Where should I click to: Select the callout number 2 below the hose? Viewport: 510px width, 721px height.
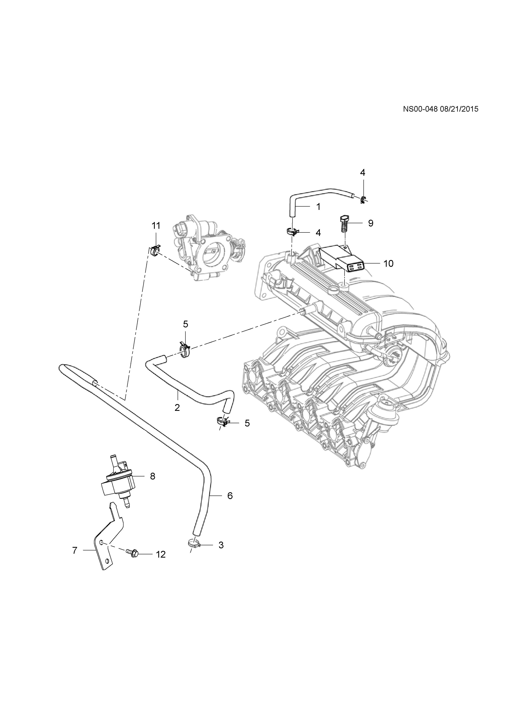pos(177,408)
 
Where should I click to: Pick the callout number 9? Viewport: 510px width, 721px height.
pos(371,223)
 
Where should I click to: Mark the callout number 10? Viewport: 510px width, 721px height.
pos(389,263)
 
